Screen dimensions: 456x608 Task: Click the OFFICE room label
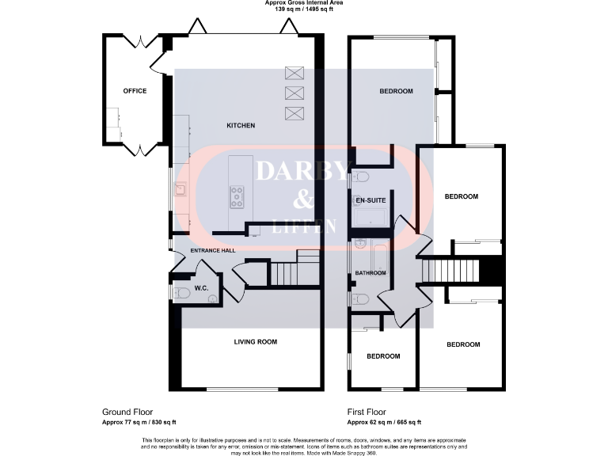pos(135,91)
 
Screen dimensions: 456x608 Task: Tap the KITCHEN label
pos(241,126)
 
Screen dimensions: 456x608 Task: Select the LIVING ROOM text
pos(255,342)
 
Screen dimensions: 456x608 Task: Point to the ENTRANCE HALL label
pos(213,250)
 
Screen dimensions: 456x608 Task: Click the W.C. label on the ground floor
pos(201,289)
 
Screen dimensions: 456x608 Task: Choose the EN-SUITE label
pos(370,200)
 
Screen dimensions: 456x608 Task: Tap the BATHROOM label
pos(370,273)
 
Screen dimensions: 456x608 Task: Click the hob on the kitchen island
pos(237,196)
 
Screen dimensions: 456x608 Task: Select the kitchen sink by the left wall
pos(180,189)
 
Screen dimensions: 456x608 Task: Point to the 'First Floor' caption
pos(366,412)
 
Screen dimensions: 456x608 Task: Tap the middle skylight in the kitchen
pos(294,93)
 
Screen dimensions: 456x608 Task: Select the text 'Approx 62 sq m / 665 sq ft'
pos(384,422)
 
